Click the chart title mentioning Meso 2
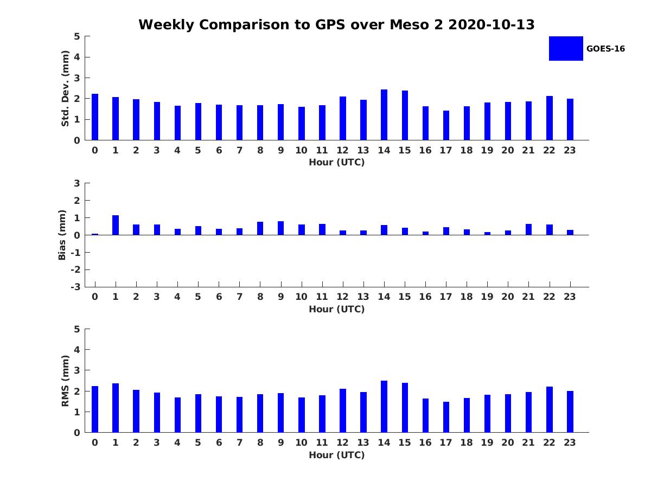[x=336, y=25]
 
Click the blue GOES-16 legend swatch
[x=566, y=48]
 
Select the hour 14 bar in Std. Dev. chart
[x=384, y=115]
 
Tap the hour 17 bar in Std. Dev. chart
[x=446, y=125]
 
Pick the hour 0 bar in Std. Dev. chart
[x=95, y=117]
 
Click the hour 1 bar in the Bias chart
[x=116, y=225]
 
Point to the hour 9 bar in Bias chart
[x=281, y=228]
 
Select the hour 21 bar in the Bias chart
[x=528, y=229]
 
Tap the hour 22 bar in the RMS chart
[x=550, y=409]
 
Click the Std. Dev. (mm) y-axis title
[x=65, y=88]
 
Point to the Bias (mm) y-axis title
[x=62, y=235]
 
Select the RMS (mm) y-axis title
[x=65, y=381]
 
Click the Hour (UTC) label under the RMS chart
[x=336, y=455]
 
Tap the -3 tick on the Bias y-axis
[x=76, y=287]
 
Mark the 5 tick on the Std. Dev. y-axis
[x=78, y=36]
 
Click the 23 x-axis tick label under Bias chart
[x=570, y=297]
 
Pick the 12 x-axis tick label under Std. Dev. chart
[x=342, y=150]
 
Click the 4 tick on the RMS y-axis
[x=78, y=350]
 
